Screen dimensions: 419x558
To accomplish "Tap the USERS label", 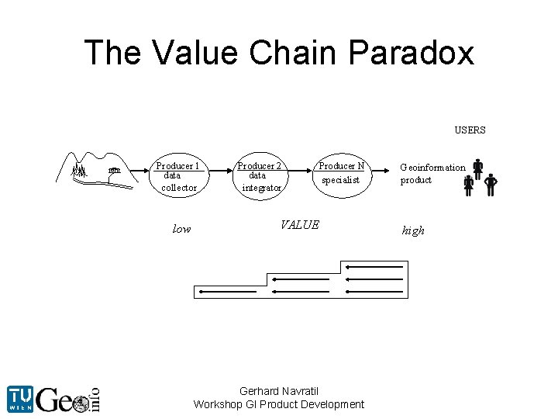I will [x=470, y=130].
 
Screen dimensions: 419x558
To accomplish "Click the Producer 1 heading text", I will [x=177, y=165].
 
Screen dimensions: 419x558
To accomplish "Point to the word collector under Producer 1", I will [x=179, y=188].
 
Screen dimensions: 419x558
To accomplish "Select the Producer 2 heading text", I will [x=259, y=165].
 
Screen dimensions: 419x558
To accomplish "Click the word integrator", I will [x=262, y=188].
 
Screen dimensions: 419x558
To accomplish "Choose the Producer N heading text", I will [x=341, y=165].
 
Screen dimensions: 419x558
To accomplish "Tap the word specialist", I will [x=341, y=180].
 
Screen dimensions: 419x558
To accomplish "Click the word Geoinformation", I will [x=432, y=167].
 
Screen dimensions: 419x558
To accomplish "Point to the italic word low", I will [x=181, y=229].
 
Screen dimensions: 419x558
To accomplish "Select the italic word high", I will [x=413, y=230].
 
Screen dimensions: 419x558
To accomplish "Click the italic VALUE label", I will [x=300, y=225].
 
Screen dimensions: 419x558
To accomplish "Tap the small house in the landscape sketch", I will [x=115, y=170].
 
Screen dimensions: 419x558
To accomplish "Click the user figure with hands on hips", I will [x=491, y=184].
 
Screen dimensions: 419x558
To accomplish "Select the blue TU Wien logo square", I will [x=20, y=399].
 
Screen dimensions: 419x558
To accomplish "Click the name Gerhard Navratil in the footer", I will [x=279, y=391].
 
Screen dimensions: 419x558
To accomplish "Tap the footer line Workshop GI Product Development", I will [x=279, y=404].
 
